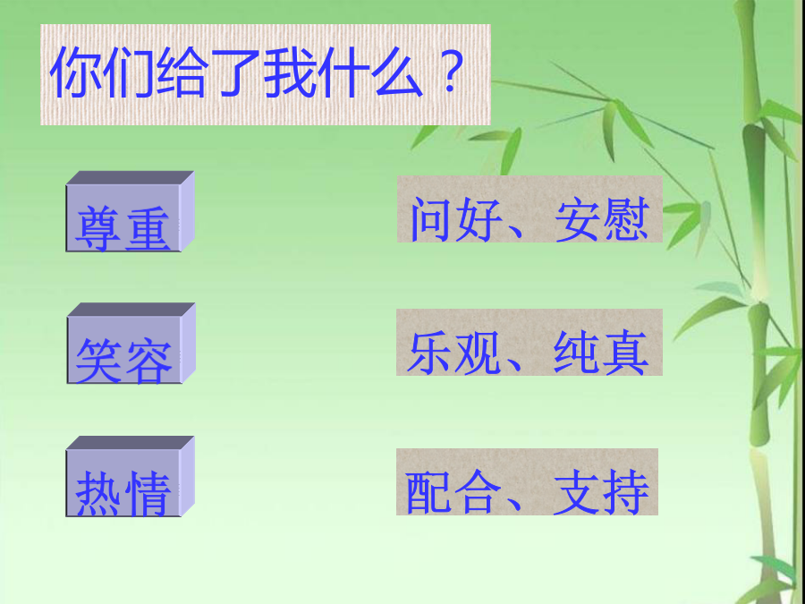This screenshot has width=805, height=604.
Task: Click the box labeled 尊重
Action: [130, 211]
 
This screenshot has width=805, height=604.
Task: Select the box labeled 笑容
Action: [131, 343]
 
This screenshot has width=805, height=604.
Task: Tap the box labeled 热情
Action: [130, 477]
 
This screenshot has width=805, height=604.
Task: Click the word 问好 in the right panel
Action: [455, 220]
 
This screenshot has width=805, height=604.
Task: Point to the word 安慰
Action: [602, 220]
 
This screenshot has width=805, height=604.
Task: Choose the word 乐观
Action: [453, 353]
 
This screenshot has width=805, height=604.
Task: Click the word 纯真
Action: [601, 353]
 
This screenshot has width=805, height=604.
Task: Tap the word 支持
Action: [601, 491]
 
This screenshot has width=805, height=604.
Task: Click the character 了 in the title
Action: [235, 72]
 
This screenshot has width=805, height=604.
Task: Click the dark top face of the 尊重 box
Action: [130, 178]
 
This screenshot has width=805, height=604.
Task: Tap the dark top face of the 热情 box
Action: [130, 443]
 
